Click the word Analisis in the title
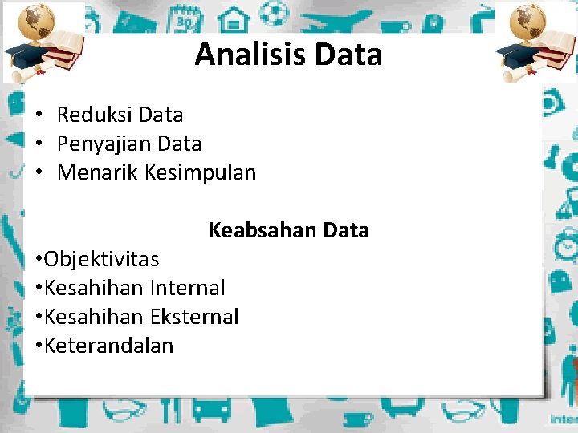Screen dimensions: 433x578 250,55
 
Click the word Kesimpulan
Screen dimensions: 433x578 200,172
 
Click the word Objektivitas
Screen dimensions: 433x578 101,259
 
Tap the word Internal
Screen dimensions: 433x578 187,288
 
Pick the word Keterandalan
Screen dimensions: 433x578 108,346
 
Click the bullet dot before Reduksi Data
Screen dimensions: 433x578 39,115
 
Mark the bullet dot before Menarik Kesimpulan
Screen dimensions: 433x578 39,173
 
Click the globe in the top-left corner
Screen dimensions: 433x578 35,21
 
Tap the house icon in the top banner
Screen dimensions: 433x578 234,15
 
